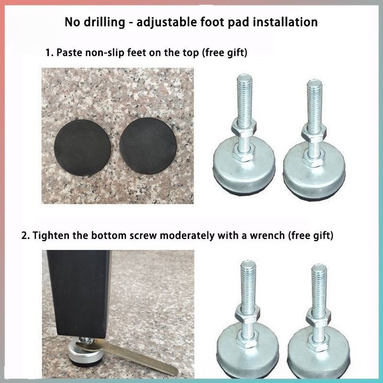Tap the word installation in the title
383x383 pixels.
[285, 22]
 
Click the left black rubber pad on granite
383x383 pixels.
[82, 147]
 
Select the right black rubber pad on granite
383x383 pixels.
[148, 146]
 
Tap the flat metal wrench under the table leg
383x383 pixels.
[127, 355]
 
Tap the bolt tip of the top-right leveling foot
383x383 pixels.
[315, 83]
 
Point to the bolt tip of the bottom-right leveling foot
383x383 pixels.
[319, 268]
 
